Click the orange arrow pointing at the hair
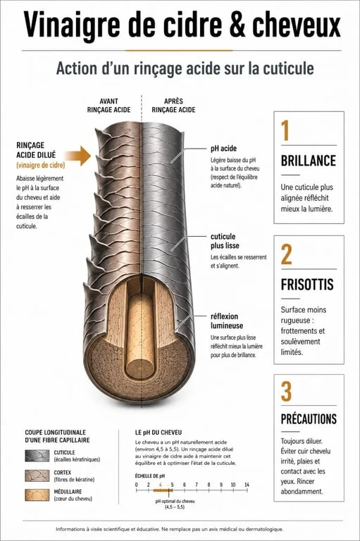(x=78, y=156)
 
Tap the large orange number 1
(x=285, y=131)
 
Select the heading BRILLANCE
(x=309, y=161)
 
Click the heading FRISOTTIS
(x=307, y=285)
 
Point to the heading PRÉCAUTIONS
(x=309, y=419)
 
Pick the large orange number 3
(x=286, y=392)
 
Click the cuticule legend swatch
(x=37, y=456)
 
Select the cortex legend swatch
(x=37, y=475)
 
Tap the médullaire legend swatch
(x=37, y=495)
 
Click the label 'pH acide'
(x=223, y=149)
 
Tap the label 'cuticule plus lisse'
(x=225, y=241)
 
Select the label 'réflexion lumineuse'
(x=227, y=321)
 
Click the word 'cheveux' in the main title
(x=297, y=25)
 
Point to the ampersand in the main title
(x=237, y=25)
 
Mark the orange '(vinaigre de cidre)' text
(x=41, y=166)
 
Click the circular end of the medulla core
(x=140, y=368)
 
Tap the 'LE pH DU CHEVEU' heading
(x=159, y=433)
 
